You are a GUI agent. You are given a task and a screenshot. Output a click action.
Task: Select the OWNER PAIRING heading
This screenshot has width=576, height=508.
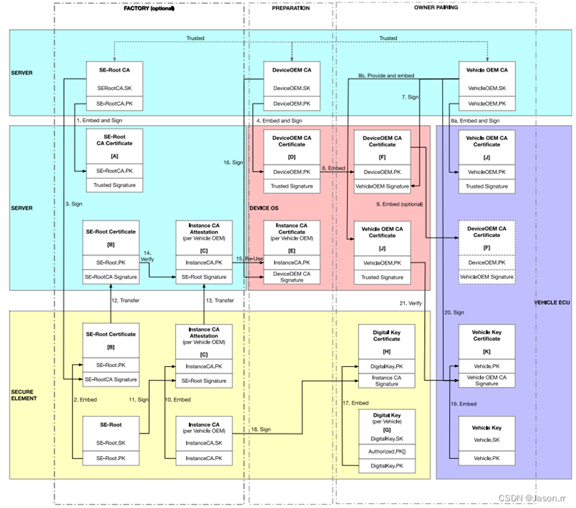coord(435,8)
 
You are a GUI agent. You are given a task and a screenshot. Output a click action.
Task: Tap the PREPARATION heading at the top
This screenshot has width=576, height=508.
coord(291,8)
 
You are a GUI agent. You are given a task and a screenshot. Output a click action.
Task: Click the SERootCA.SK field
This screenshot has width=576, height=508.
coord(115,88)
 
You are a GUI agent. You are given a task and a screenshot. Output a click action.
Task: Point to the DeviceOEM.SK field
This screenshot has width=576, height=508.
coord(291,88)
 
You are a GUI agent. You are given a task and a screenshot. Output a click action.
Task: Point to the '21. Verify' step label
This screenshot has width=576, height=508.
coord(411,303)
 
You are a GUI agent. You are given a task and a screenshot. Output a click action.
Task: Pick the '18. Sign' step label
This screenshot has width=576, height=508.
coord(260,430)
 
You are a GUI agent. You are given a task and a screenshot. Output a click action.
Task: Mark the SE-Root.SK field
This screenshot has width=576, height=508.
coord(111,443)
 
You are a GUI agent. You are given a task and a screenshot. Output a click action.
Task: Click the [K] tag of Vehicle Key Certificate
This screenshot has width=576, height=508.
coord(487,350)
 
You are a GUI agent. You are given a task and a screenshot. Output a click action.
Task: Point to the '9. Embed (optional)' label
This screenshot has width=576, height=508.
coord(400,203)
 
